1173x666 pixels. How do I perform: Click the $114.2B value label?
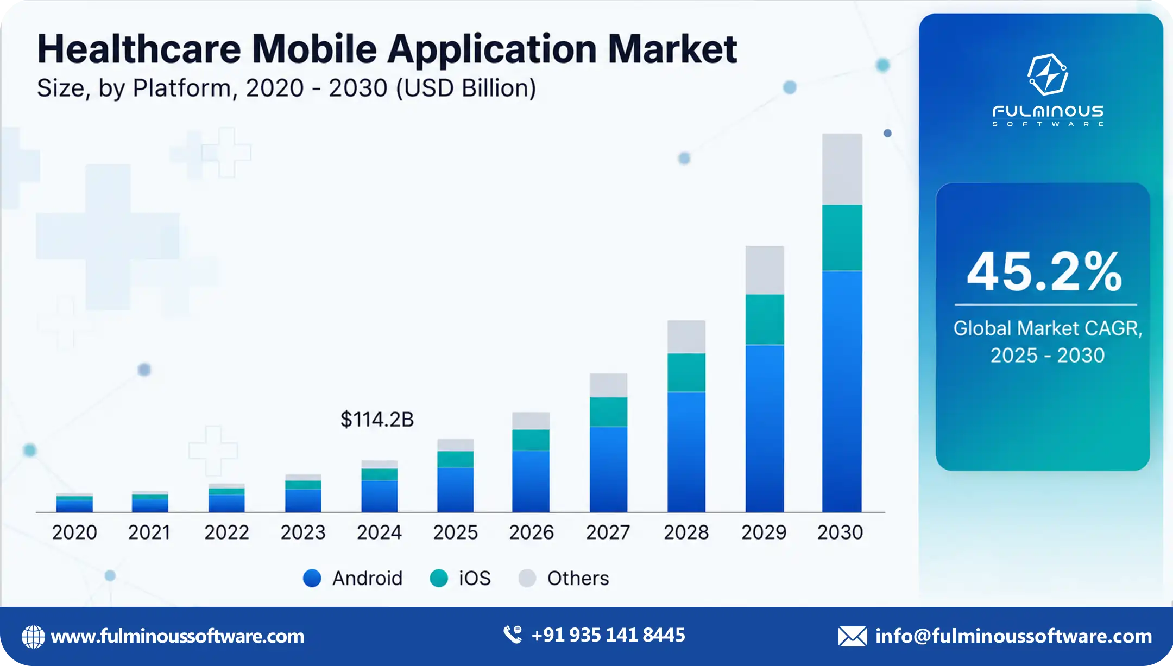click(377, 420)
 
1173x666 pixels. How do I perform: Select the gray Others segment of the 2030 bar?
click(842, 169)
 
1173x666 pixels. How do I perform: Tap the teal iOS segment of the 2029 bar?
click(765, 320)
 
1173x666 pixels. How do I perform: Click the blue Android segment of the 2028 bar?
click(686, 452)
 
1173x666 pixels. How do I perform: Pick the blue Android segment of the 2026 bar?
click(531, 481)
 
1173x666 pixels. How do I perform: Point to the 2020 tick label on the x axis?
click(74, 532)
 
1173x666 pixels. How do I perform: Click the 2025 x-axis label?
click(455, 532)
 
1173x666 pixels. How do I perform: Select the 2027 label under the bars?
click(608, 532)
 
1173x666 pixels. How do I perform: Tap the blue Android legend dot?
click(312, 578)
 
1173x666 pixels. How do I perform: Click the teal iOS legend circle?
click(439, 578)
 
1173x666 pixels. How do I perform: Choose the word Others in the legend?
click(578, 579)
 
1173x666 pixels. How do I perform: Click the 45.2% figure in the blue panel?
click(1044, 271)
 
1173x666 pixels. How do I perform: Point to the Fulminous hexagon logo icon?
click(1048, 74)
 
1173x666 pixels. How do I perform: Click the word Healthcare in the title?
click(139, 49)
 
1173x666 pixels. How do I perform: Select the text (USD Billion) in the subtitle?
click(466, 88)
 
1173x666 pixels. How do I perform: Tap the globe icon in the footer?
click(33, 637)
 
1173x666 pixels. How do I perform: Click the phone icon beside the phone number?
click(513, 635)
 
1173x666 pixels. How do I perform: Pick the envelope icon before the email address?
click(853, 636)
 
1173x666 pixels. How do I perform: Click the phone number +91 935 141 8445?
click(608, 635)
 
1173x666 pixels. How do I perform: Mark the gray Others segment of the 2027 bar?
click(608, 385)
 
